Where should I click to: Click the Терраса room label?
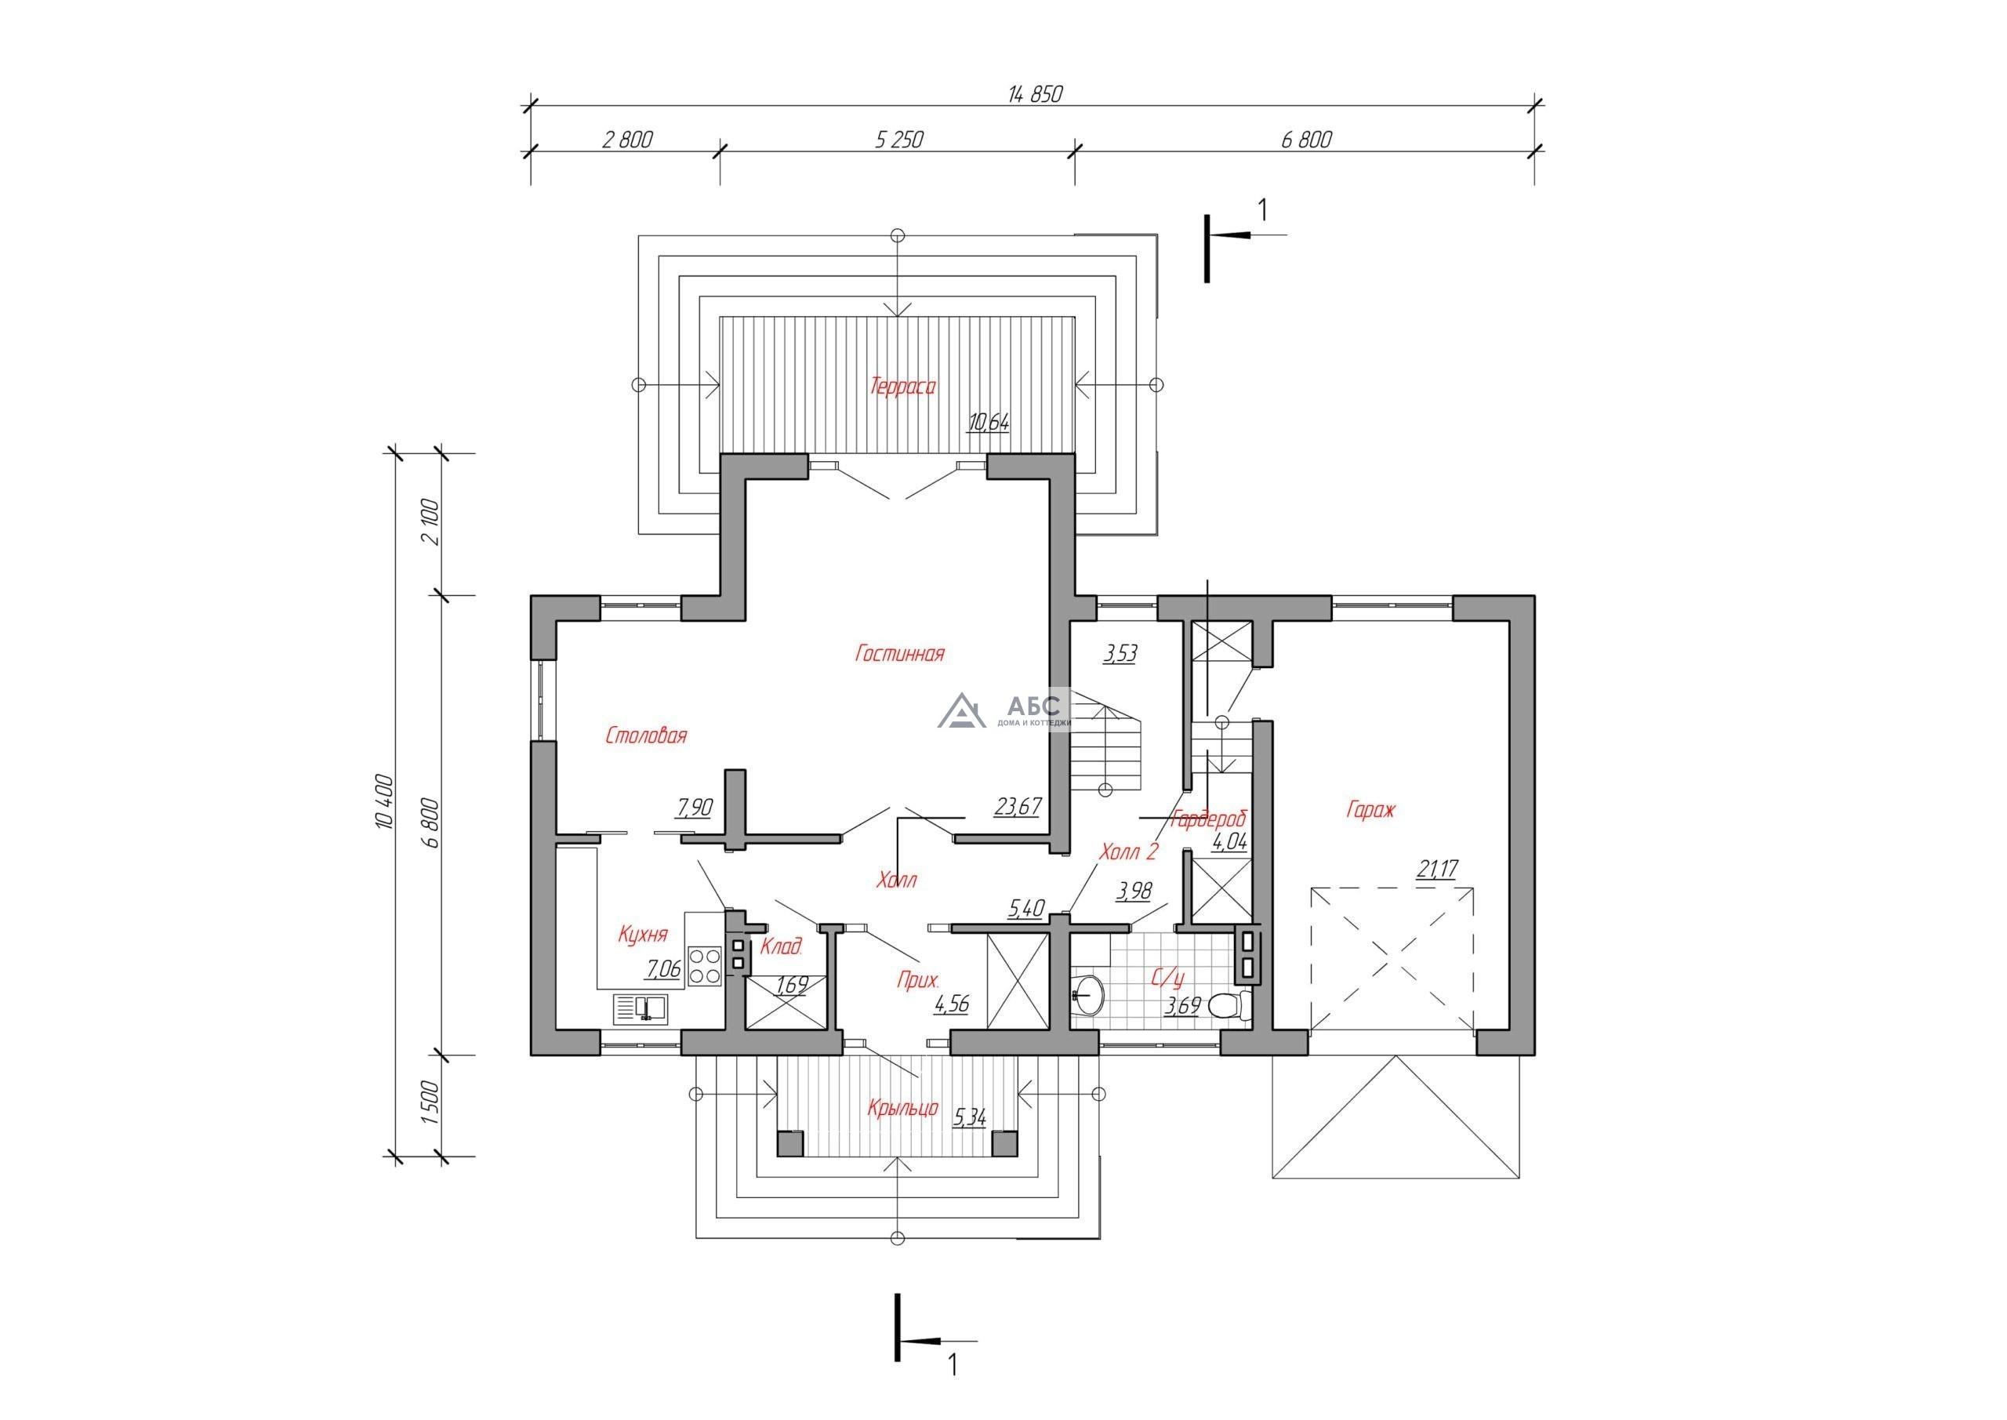(902, 386)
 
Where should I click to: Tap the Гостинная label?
(899, 653)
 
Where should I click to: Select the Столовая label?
(646, 735)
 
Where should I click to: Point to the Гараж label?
(1370, 811)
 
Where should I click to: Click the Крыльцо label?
(902, 1108)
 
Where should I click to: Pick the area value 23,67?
(1018, 805)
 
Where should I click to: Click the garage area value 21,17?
(1438, 868)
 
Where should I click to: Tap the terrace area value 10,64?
(988, 423)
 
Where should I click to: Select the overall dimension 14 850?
(1035, 93)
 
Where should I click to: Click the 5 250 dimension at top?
(898, 139)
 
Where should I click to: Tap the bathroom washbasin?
(1087, 994)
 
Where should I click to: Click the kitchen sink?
(640, 1008)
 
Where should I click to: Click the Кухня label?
(643, 935)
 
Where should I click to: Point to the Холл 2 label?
(1128, 852)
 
